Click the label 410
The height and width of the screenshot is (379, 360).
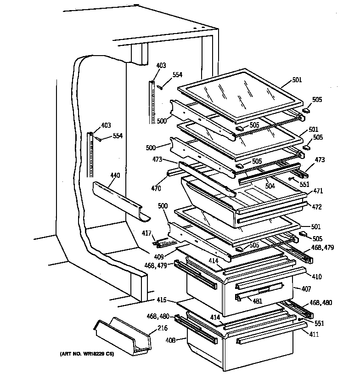[x=317, y=277]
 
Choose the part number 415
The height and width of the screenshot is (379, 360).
[x=160, y=301]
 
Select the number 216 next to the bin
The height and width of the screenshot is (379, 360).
[x=163, y=328]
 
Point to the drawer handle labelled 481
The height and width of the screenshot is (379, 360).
[x=259, y=291]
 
